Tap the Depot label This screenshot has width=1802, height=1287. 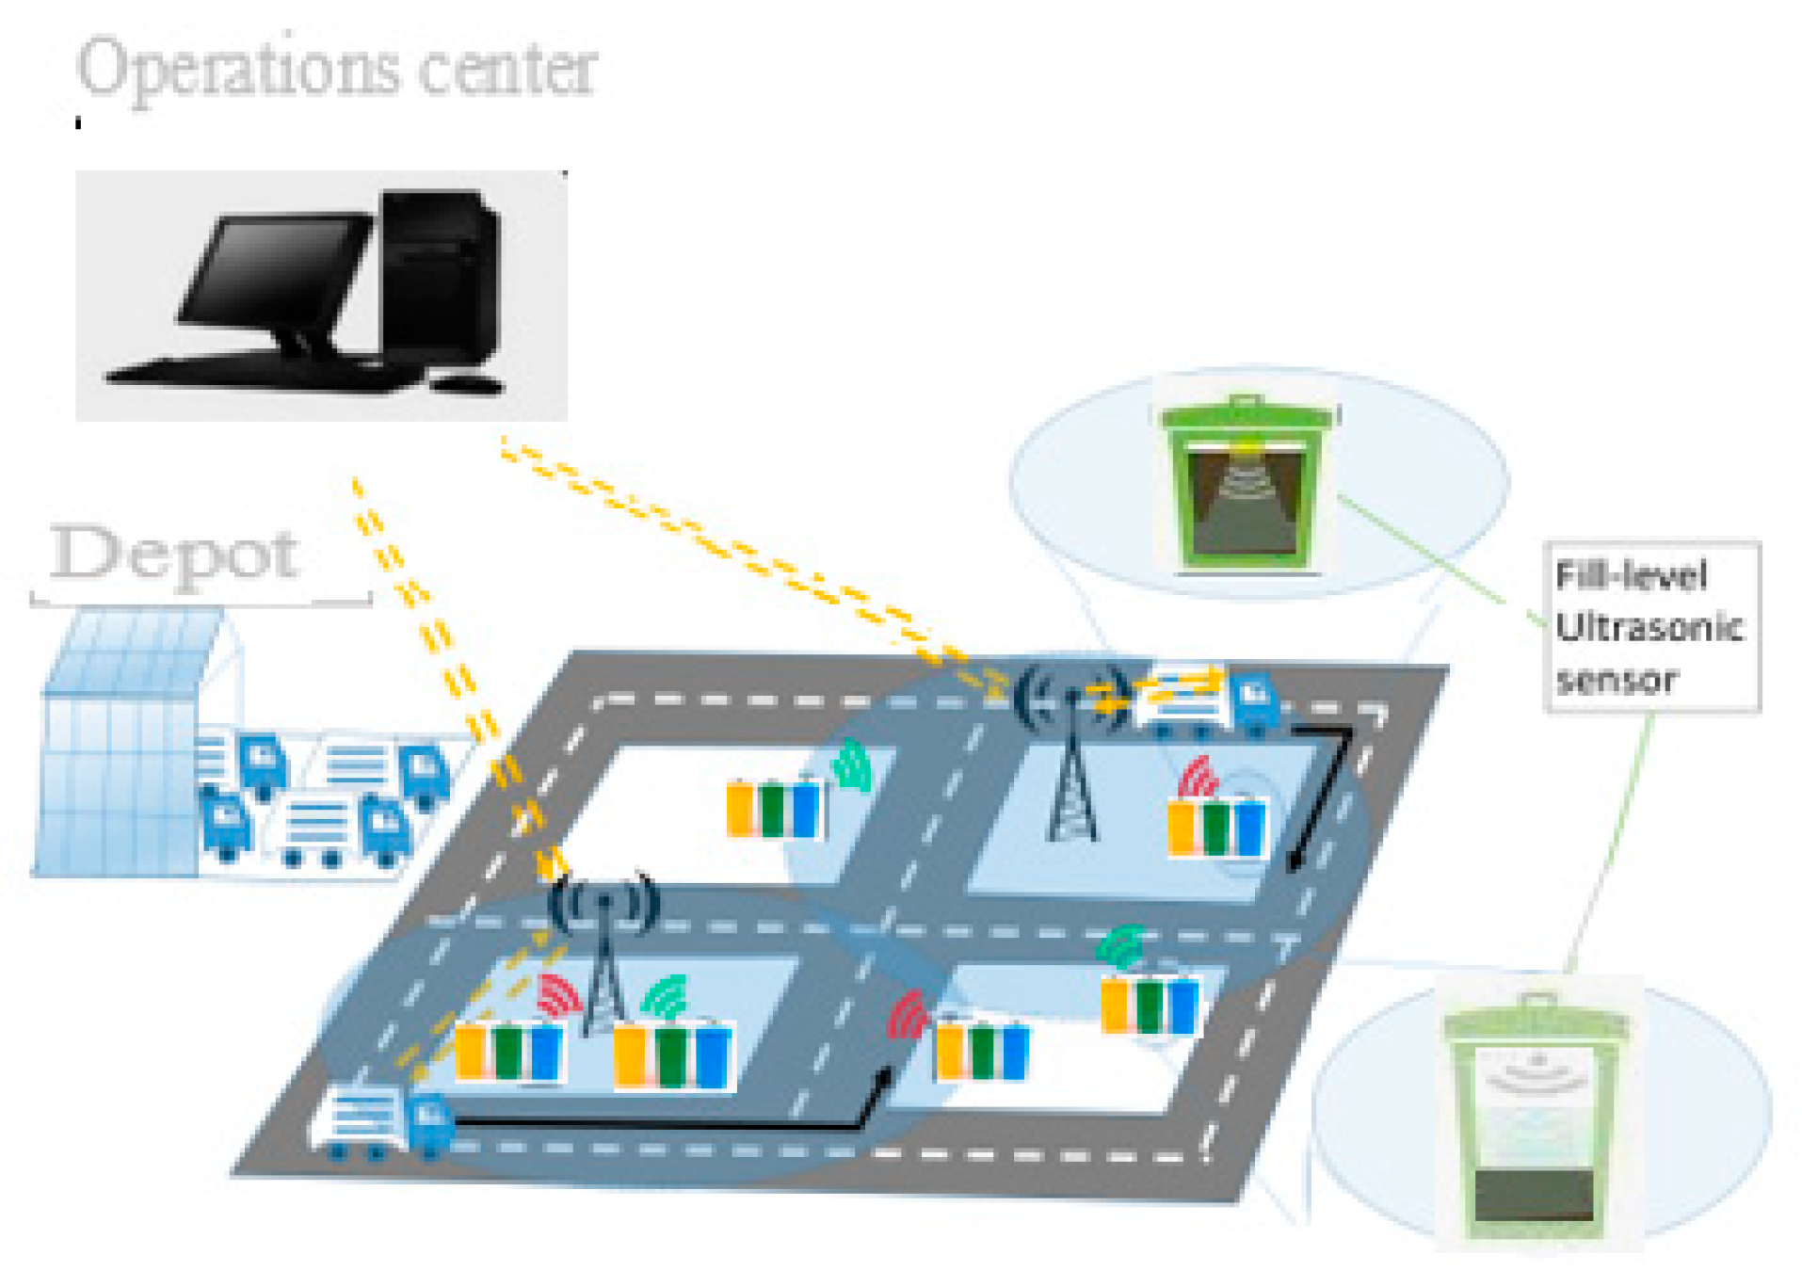tap(175, 555)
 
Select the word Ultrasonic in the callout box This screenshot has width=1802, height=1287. tap(1648, 627)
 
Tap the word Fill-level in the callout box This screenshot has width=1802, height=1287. tap(1631, 575)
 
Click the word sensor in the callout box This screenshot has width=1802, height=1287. tap(1617, 680)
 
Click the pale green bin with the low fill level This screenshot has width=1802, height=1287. tap(1534, 1120)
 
